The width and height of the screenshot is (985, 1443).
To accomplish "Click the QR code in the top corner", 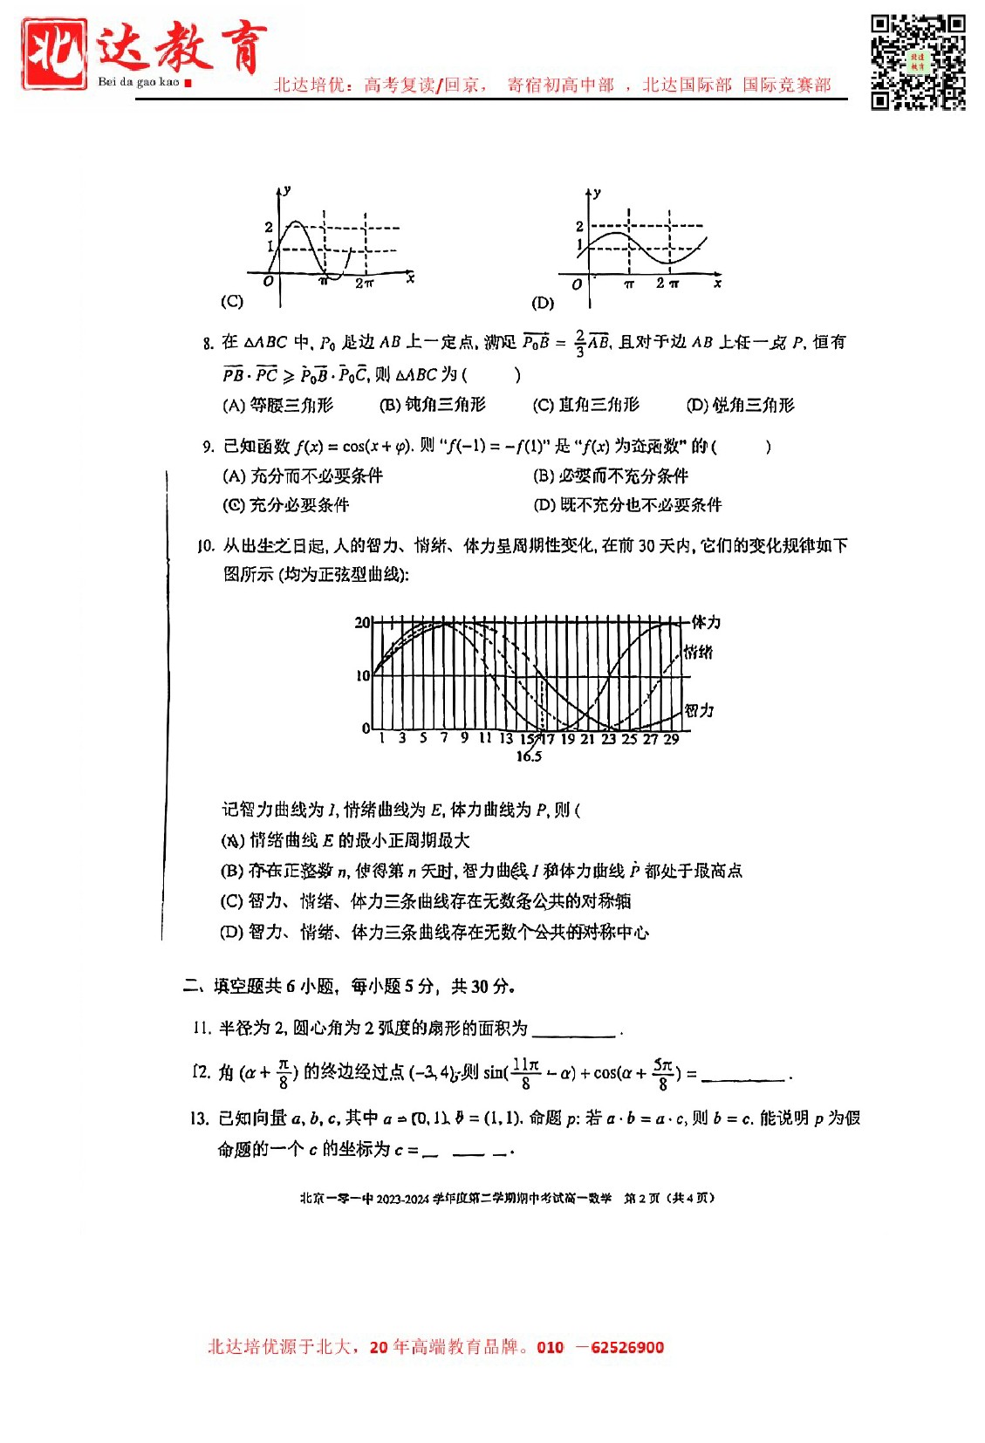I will (918, 61).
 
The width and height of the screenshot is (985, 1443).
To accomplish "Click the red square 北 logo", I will (54, 54).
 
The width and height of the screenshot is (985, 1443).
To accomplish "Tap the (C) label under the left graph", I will (232, 301).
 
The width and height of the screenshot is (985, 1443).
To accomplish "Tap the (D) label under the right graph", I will (543, 303).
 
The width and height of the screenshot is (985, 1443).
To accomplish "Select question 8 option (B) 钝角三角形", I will (433, 405).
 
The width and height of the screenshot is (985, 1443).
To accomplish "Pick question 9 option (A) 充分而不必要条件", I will (303, 475).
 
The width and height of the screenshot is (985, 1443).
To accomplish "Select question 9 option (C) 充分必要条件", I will (286, 505).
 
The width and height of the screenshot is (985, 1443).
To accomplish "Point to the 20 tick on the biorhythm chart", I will (362, 622).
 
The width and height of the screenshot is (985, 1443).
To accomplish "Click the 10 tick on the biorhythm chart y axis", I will (363, 675).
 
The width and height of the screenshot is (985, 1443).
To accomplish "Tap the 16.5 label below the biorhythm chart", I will (529, 756).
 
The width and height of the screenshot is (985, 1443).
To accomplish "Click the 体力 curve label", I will (706, 622).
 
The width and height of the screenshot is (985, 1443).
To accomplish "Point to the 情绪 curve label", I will (698, 652).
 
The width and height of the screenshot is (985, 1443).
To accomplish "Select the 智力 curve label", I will (699, 710).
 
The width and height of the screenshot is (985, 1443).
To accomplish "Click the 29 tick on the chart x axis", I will (671, 739).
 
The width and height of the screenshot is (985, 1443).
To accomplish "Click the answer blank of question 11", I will (573, 1030).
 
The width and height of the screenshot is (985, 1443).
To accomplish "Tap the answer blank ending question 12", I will (744, 1076).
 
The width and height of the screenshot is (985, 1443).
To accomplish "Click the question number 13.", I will (199, 1118).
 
